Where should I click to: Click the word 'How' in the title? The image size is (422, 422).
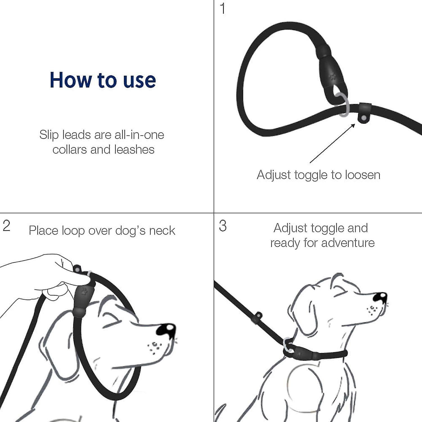[71, 80]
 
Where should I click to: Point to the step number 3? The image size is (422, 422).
[223, 226]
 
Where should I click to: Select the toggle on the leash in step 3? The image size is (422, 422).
[258, 318]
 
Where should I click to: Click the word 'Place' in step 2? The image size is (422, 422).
[44, 231]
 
